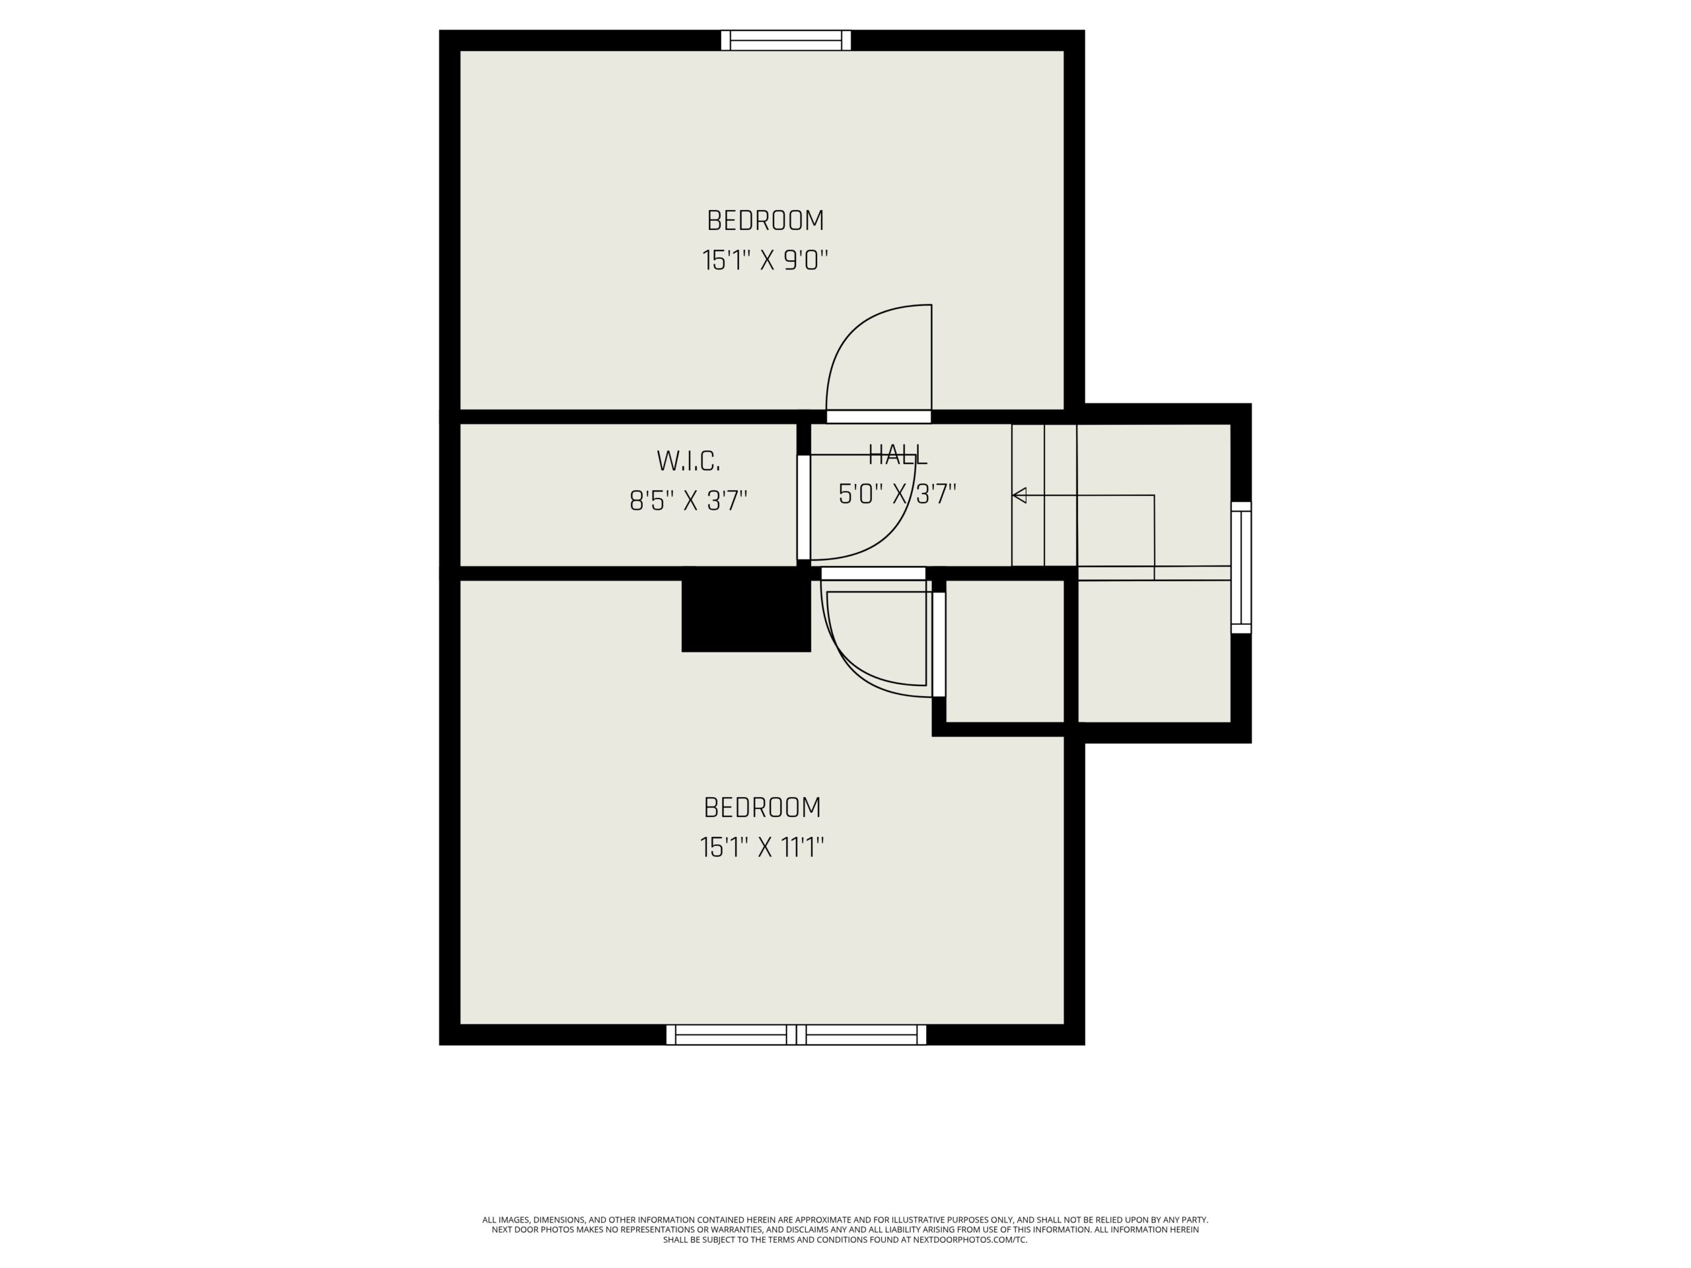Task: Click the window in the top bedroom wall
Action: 786,40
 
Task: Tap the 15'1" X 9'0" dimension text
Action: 765,261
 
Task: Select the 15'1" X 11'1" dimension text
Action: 762,847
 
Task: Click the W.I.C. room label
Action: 688,461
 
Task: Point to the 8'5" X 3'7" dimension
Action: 688,501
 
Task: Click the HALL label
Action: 898,456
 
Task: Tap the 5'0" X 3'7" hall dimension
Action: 898,495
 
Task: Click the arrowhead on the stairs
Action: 1019,495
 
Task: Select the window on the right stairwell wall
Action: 1241,567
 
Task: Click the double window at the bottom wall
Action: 796,1034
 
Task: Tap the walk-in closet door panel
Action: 803,507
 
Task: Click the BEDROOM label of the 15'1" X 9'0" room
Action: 765,221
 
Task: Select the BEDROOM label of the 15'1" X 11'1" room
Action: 762,808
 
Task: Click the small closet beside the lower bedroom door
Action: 1005,651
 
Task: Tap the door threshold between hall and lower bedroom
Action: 873,573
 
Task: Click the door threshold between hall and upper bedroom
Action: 879,417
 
